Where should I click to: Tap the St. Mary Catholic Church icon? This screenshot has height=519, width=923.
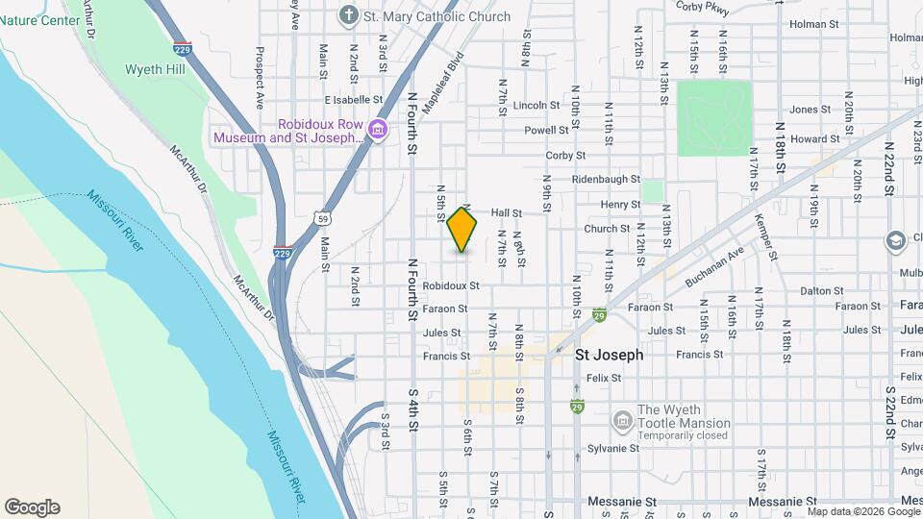pyautogui.click(x=347, y=15)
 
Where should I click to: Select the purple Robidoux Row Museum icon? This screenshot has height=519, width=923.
pyautogui.click(x=378, y=130)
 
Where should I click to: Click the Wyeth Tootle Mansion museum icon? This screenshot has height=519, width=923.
pyautogui.click(x=622, y=420)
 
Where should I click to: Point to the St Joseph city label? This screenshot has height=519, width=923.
pyautogui.click(x=609, y=355)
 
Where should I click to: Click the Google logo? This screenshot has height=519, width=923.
pyautogui.click(x=32, y=507)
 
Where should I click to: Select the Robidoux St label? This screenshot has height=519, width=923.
pyautogui.click(x=450, y=285)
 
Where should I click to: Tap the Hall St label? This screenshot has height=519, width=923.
pyautogui.click(x=506, y=212)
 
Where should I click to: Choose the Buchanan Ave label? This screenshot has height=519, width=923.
pyautogui.click(x=715, y=268)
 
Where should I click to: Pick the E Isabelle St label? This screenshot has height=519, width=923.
pyautogui.click(x=353, y=99)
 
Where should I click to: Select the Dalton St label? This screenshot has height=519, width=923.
pyautogui.click(x=821, y=290)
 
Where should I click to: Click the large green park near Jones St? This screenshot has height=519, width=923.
pyautogui.click(x=713, y=117)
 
